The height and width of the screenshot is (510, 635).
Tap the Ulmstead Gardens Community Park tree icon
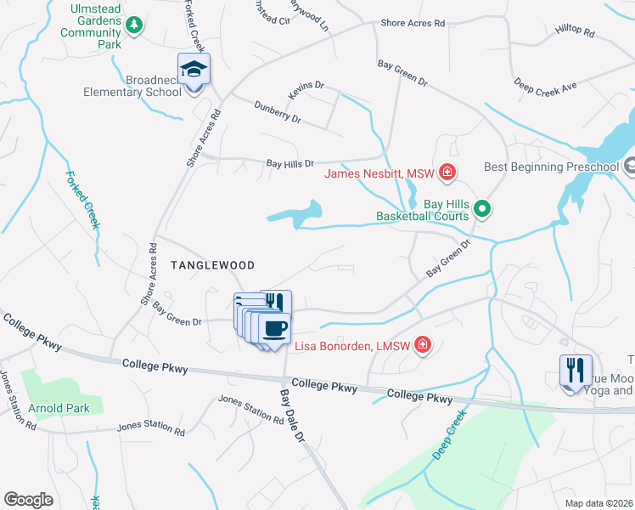click(x=133, y=25)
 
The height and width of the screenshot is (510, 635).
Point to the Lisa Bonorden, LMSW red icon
click(x=422, y=346)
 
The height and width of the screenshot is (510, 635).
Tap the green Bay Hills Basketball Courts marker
click(x=482, y=207)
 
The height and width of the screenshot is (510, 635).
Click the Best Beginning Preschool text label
click(x=551, y=167)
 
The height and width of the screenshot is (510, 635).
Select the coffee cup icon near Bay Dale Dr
click(x=273, y=328)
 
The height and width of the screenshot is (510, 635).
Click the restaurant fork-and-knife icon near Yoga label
click(x=575, y=370)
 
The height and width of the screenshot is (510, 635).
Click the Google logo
click(x=28, y=500)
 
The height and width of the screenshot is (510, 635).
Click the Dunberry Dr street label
click(x=278, y=112)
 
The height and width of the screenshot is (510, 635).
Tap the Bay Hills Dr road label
click(x=290, y=162)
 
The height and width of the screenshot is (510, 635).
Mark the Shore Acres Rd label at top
click(x=413, y=23)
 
